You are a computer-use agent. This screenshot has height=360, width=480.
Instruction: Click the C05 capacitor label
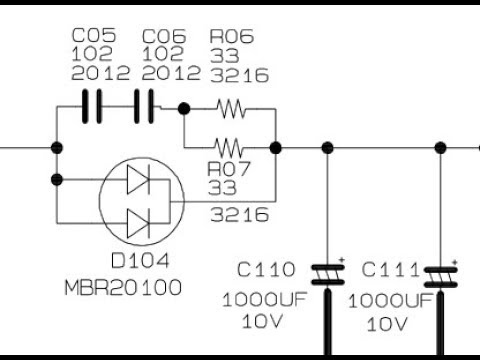coord(94,35)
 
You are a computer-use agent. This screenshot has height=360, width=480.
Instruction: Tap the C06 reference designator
coord(164,36)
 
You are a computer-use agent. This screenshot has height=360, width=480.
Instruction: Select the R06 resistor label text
coord(232,36)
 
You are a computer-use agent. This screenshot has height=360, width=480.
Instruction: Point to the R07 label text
coord(228,169)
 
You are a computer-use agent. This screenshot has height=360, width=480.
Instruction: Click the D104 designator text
coord(140,260)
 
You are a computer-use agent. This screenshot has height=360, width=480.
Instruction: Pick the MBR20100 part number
coord(123,287)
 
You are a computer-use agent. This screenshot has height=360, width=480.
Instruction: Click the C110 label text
coord(266,269)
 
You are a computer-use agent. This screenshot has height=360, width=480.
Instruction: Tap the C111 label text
coord(390,269)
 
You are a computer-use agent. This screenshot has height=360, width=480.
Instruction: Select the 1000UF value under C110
coord(264,299)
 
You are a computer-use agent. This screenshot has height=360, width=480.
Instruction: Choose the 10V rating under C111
coord(387,324)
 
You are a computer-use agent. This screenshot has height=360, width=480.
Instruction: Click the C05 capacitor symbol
coord(92,106)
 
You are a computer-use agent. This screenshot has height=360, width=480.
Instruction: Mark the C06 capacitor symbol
coord(144,106)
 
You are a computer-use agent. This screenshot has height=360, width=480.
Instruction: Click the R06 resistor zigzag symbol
coord(231,109)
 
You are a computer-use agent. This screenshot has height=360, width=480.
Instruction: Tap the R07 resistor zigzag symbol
coord(229,148)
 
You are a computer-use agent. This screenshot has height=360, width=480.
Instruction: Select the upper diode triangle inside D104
coord(138,179)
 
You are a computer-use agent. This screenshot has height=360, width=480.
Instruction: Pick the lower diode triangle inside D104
coord(138,223)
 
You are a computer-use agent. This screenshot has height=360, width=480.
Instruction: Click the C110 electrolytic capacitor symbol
coord(328,275)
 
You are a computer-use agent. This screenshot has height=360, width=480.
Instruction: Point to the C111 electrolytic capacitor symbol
coord(440,277)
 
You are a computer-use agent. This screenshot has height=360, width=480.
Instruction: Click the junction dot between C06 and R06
coord(184,109)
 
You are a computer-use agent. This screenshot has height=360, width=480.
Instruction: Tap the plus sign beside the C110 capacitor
coord(341,259)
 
